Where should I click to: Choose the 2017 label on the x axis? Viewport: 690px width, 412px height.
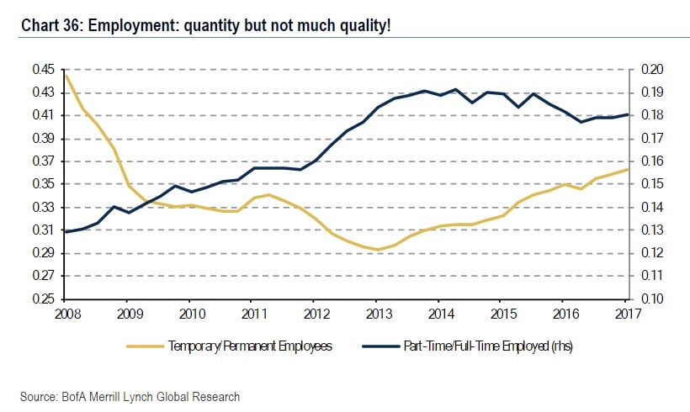627,314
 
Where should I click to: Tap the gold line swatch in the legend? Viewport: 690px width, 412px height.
145,346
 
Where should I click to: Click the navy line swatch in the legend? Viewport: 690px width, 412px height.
381,346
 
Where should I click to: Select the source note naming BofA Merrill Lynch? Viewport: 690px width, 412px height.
130,396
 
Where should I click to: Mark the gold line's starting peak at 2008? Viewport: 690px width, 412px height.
66,76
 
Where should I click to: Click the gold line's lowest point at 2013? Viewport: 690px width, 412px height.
379,250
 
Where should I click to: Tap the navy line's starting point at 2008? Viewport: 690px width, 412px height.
66,231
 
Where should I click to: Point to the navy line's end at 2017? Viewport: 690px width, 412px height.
627,114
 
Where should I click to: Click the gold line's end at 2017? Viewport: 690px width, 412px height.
627,169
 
